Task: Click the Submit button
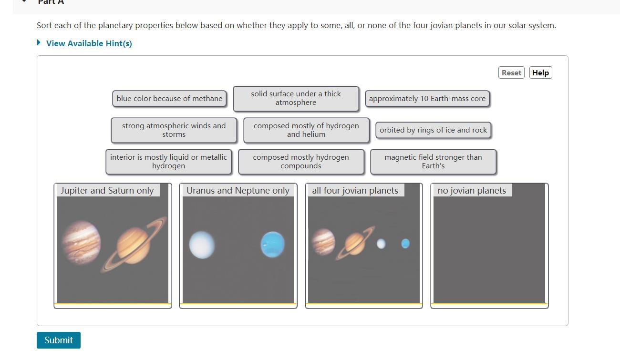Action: point(59,340)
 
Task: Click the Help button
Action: point(540,72)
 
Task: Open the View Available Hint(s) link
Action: point(89,43)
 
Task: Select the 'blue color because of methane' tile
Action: point(169,99)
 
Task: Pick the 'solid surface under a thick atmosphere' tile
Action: point(296,98)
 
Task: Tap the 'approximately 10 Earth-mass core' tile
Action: point(427,99)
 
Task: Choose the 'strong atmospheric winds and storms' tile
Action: point(174,130)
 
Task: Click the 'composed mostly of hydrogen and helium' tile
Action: point(306,130)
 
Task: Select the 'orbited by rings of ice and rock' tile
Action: point(433,130)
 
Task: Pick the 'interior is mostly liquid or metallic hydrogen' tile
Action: point(168,162)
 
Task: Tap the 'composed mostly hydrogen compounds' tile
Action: point(301,162)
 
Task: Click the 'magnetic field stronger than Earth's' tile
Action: point(433,162)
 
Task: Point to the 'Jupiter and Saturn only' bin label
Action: point(107,190)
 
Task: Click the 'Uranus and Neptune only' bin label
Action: point(238,190)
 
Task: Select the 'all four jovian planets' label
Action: point(355,190)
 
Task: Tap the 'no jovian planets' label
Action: point(472,190)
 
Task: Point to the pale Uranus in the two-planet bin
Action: point(202,245)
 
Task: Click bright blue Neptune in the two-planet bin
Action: point(273,244)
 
